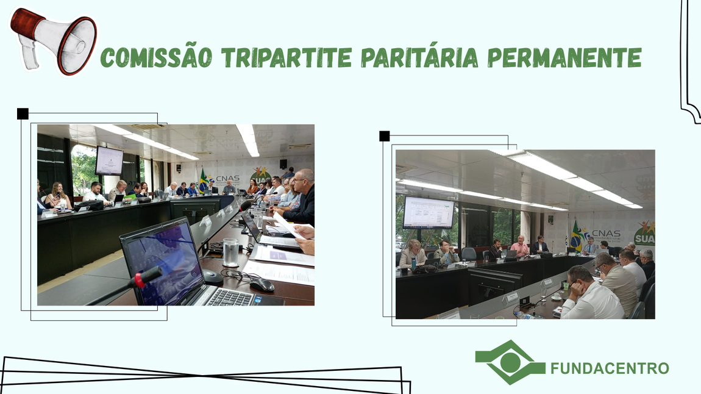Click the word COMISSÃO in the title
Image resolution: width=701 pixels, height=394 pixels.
[x=155, y=58]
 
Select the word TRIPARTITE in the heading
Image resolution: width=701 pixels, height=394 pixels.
[x=286, y=58]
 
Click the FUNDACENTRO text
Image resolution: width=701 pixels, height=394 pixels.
[x=610, y=368]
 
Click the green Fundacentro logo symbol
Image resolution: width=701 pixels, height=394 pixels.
[x=510, y=362]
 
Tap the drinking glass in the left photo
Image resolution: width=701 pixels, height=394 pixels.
[x=230, y=252]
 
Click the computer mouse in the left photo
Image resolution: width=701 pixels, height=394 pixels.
[x=262, y=284]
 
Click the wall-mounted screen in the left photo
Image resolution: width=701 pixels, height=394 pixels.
[x=109, y=160]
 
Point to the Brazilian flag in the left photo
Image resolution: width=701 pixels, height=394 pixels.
[x=203, y=181]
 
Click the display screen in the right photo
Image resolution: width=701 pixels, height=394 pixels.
[x=429, y=212]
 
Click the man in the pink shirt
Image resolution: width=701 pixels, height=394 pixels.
[x=520, y=246]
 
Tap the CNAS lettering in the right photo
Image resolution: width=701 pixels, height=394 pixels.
[x=605, y=234]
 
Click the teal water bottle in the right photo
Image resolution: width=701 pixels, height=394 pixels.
[x=414, y=263]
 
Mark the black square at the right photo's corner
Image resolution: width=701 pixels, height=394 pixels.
[x=384, y=136]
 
